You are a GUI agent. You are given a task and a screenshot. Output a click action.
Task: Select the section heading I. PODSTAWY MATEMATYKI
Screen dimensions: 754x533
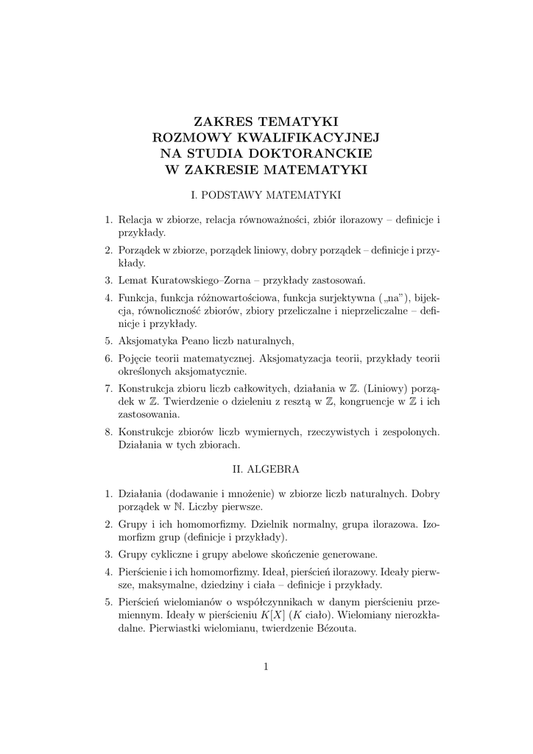click(266, 196)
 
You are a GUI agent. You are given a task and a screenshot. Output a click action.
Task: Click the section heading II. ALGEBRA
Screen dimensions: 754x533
click(266, 468)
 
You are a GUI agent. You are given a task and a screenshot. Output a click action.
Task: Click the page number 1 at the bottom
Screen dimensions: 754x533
click(266, 667)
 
